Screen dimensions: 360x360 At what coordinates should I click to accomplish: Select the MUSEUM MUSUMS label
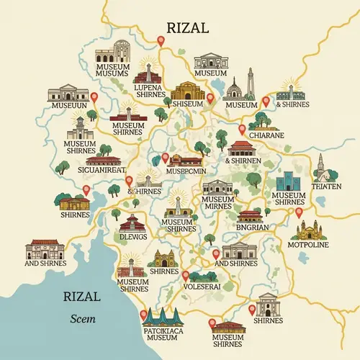pos(112,70)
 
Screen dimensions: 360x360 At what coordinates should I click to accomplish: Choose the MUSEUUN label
pos(68,105)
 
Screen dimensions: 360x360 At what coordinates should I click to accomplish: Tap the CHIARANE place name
pos(266,135)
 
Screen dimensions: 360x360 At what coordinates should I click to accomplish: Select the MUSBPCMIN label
pos(186,171)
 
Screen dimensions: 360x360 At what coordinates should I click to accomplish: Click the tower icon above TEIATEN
pos(320,166)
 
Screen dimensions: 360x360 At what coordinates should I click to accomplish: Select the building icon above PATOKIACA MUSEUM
pos(162,316)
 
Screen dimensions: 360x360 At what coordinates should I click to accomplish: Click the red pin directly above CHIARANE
pos(242,130)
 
